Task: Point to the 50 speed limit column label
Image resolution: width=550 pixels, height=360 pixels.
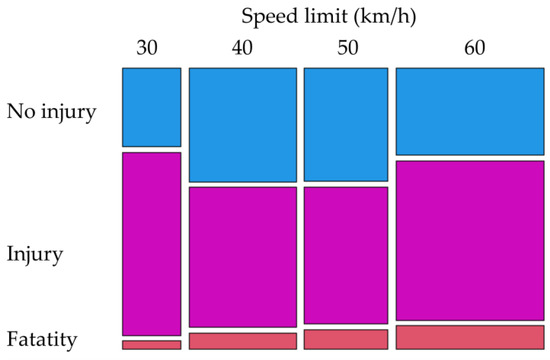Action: [x=345, y=48]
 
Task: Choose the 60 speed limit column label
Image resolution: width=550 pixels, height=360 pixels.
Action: [x=469, y=48]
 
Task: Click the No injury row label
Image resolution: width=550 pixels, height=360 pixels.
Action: [x=51, y=110]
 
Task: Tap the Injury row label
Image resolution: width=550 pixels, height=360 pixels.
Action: [x=34, y=254]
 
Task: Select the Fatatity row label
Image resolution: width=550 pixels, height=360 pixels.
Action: [x=41, y=341]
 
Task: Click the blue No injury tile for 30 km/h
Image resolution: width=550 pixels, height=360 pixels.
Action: [x=152, y=107]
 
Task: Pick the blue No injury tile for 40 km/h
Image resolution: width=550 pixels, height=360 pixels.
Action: [x=243, y=124]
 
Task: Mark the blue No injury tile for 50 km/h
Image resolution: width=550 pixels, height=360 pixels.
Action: [x=345, y=124]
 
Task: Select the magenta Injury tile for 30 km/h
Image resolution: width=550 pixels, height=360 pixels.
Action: [x=152, y=243]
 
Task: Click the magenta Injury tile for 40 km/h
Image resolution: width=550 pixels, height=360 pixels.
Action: [x=243, y=256]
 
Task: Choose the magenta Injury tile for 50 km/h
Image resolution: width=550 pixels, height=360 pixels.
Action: [x=345, y=256]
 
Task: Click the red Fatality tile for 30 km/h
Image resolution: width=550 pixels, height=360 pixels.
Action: [x=152, y=345]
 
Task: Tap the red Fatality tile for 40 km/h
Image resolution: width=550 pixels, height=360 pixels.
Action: [x=243, y=341]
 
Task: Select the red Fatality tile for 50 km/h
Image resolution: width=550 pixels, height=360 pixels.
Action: [x=345, y=339]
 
